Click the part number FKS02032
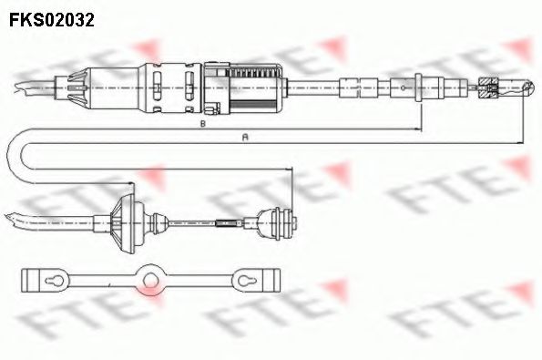pos(52,17)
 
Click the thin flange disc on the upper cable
pos(416,88)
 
